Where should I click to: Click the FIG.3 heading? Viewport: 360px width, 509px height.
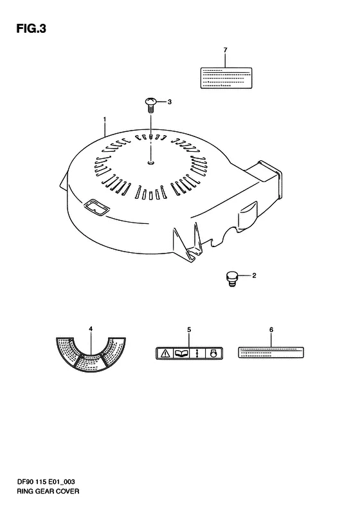(x=31, y=29)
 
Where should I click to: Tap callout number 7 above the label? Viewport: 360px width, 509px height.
(x=226, y=50)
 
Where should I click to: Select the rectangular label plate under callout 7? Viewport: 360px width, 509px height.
(x=226, y=78)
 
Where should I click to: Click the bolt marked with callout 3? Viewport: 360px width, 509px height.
(x=150, y=105)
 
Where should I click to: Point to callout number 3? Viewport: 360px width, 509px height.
(x=169, y=102)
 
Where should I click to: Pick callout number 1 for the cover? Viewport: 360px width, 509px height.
(x=104, y=120)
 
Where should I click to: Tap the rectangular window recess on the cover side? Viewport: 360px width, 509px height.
(x=96, y=207)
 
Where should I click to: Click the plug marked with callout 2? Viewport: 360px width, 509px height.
(x=231, y=279)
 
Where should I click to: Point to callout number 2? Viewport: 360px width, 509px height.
(x=254, y=275)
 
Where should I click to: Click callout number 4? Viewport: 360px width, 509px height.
(x=91, y=329)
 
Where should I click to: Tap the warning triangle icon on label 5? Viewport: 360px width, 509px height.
(x=166, y=353)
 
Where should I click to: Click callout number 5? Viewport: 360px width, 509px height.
(x=189, y=330)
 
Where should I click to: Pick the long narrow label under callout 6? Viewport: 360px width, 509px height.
(x=271, y=353)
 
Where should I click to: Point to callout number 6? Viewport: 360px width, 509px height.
(x=271, y=330)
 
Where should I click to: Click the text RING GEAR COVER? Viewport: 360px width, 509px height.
(x=48, y=491)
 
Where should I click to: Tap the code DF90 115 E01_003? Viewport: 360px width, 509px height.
(x=46, y=482)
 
